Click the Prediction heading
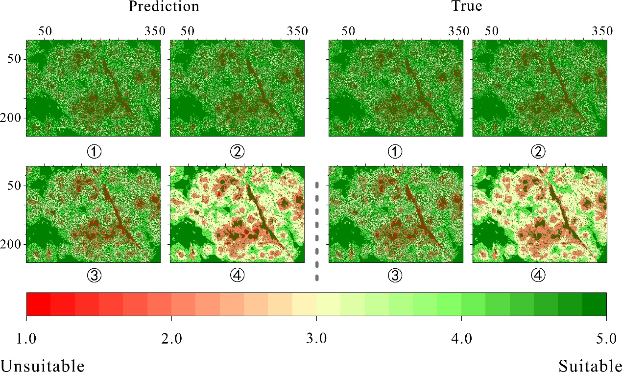click(x=164, y=6)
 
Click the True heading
click(x=467, y=6)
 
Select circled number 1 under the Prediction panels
click(x=94, y=152)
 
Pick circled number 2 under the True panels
click(x=539, y=152)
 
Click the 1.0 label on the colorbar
click(x=26, y=339)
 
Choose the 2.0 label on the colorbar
click(x=171, y=339)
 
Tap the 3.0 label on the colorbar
click(x=316, y=339)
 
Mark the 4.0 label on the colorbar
click(x=461, y=339)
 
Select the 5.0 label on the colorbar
click(x=606, y=339)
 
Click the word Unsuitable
click(x=43, y=365)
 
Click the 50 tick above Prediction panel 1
click(x=46, y=31)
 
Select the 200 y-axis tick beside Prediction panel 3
click(x=14, y=244)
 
